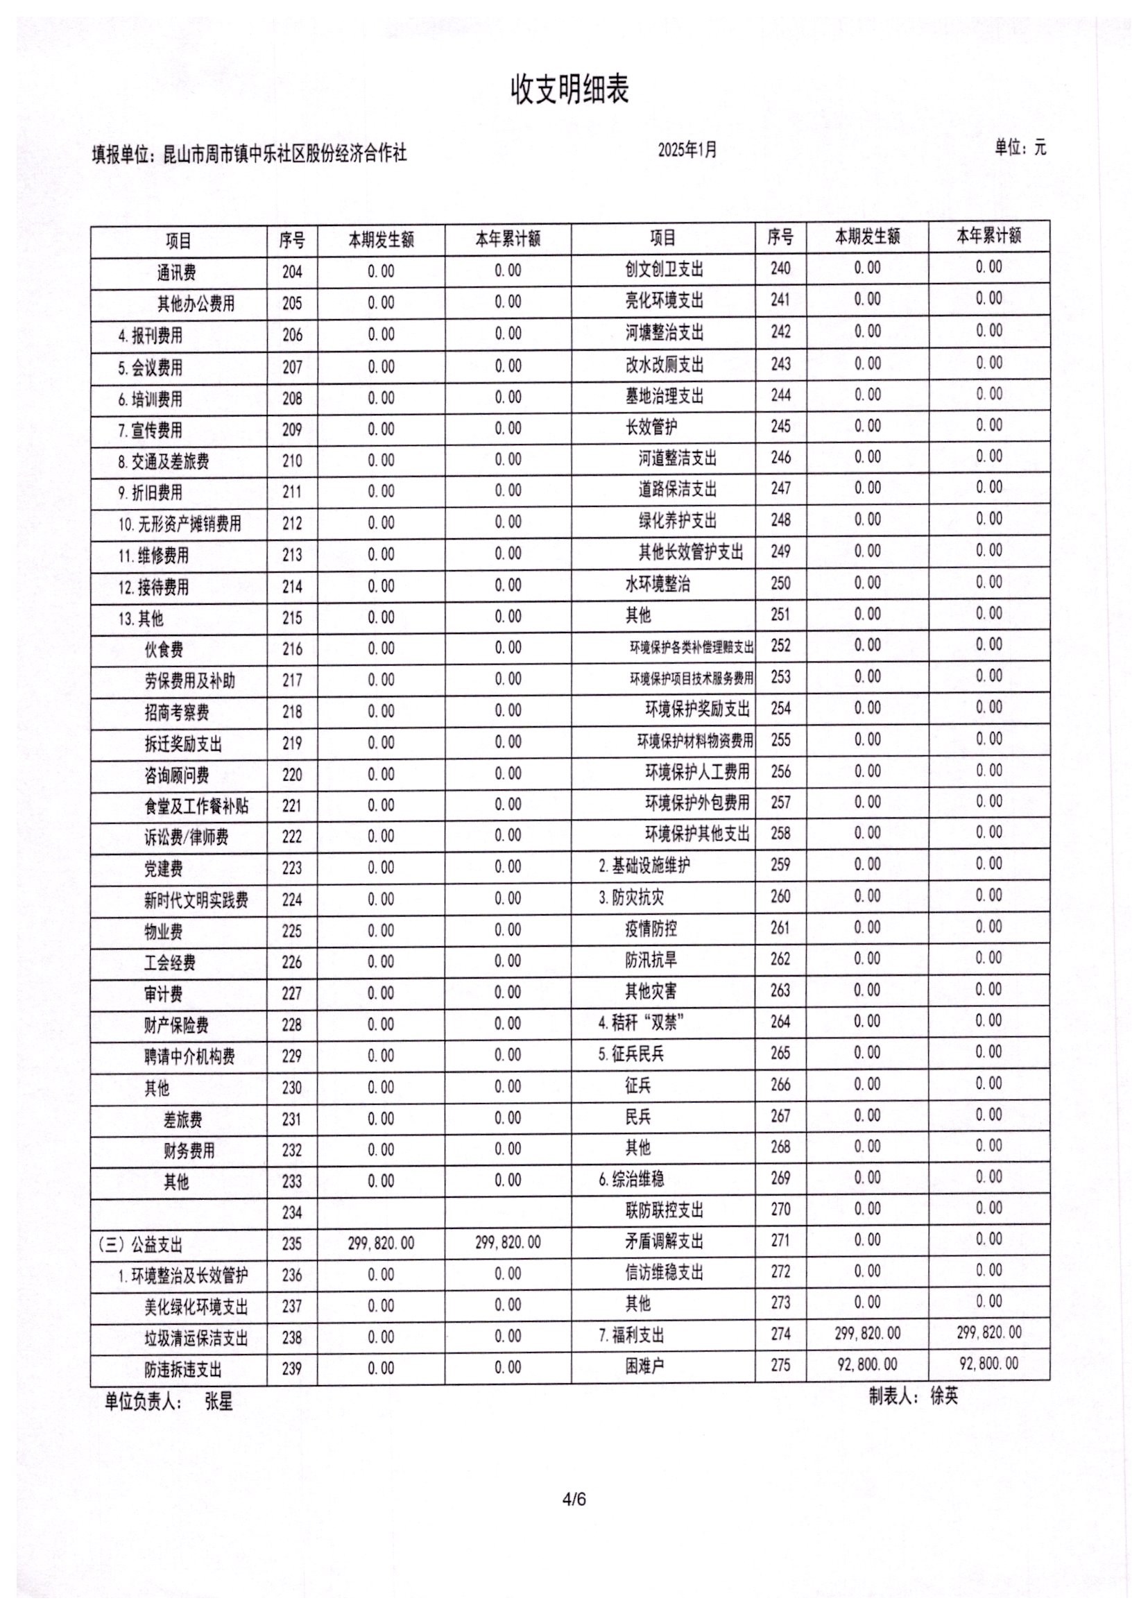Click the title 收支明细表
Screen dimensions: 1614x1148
[x=569, y=90]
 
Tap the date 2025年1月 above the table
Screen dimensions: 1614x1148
[x=687, y=150]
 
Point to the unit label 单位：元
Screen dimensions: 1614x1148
[x=1020, y=148]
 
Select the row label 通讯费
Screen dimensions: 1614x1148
[x=177, y=273]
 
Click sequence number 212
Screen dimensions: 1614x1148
[x=292, y=524]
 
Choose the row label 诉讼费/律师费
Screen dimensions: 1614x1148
[x=187, y=837]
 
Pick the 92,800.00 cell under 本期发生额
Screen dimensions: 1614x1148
[x=867, y=1364]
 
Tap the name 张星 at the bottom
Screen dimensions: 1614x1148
[x=219, y=1402]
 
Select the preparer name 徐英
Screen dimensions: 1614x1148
[x=943, y=1396]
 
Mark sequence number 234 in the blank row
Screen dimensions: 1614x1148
[x=292, y=1212]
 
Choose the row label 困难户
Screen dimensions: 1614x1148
[x=644, y=1366]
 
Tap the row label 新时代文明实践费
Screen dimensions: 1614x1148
[x=196, y=900]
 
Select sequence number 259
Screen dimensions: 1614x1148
[x=780, y=865]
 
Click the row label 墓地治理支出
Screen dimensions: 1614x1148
[x=665, y=396]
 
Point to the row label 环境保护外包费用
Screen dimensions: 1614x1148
[x=697, y=802]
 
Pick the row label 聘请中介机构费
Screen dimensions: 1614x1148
[x=189, y=1057]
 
